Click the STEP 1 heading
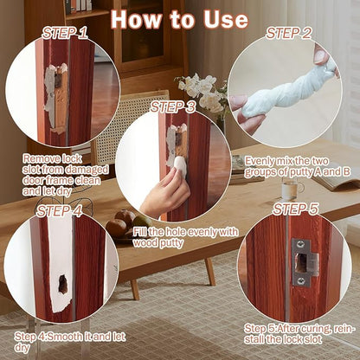[65, 34]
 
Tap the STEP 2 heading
[288, 34]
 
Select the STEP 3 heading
[173, 107]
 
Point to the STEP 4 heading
[59, 211]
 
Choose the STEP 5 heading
[296, 209]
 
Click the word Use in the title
[226, 19]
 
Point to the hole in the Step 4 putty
[62, 284]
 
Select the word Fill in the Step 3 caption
[139, 232]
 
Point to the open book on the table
[336, 178]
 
